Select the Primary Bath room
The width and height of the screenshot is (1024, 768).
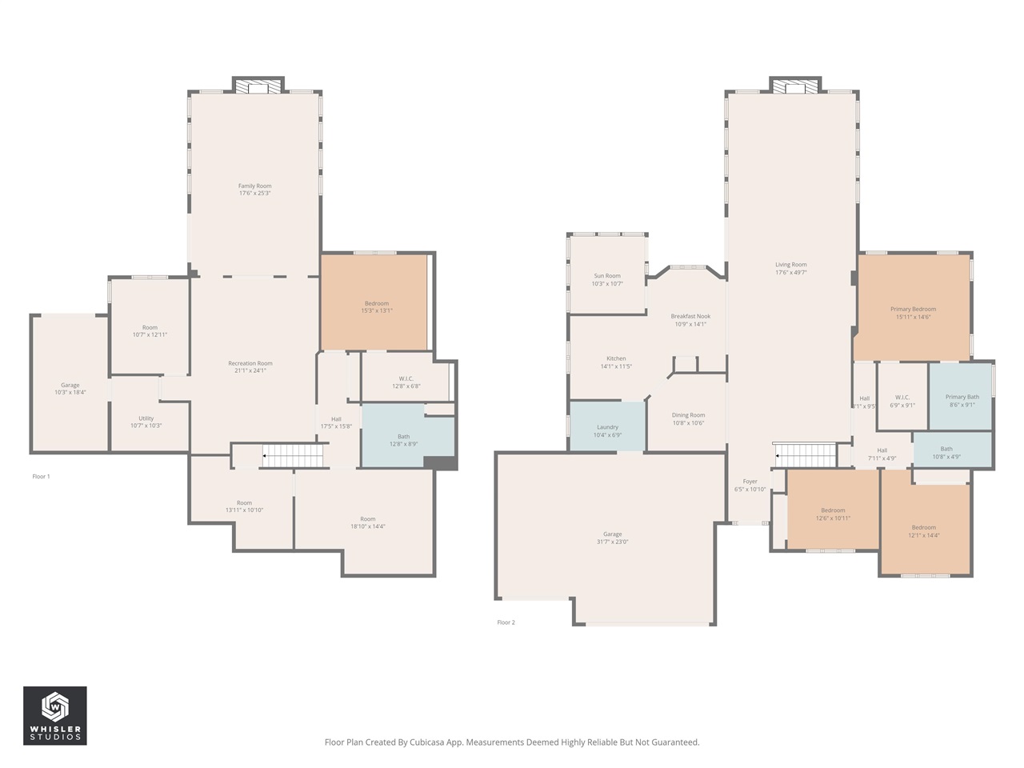[x=961, y=397]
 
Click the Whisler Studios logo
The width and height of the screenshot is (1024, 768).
[x=55, y=715]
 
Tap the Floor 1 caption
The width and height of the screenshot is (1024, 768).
[x=41, y=477]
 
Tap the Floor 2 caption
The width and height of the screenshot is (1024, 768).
[x=506, y=622]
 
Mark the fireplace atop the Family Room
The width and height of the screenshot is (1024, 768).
[x=258, y=86]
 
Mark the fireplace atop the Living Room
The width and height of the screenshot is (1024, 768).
[x=795, y=86]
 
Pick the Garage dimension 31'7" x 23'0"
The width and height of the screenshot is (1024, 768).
[x=612, y=542]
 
